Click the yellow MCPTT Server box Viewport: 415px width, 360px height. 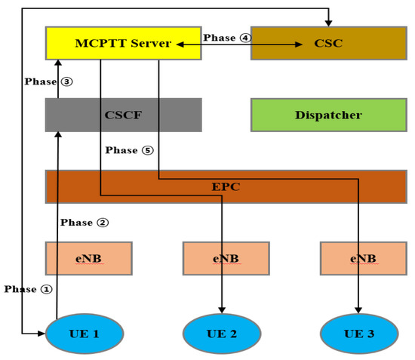click(x=123, y=43)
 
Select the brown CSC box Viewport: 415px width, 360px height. click(x=327, y=43)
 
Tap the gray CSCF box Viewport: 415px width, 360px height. click(x=123, y=115)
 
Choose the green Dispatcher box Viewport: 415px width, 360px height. click(x=327, y=115)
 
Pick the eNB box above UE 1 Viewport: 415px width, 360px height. click(x=88, y=258)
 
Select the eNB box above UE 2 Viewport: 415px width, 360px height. click(x=226, y=258)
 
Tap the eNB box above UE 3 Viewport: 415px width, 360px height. click(x=363, y=258)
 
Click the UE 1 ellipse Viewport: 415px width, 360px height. click(x=85, y=333)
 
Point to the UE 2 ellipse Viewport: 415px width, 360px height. click(x=222, y=333)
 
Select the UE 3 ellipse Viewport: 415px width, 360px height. click(x=358, y=333)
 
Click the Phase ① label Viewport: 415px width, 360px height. click(x=29, y=289)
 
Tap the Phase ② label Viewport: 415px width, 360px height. click(x=85, y=223)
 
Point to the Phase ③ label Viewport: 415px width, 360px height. click(x=48, y=82)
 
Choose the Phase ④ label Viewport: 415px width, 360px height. click(x=226, y=38)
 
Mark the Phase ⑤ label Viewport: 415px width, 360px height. click(x=129, y=150)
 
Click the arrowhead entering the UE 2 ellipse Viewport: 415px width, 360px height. click(x=222, y=310)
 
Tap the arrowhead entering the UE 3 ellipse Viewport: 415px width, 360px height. click(x=359, y=310)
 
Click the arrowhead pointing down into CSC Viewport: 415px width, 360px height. click(x=327, y=23)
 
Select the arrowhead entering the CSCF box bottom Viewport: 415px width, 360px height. click(x=57, y=135)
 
